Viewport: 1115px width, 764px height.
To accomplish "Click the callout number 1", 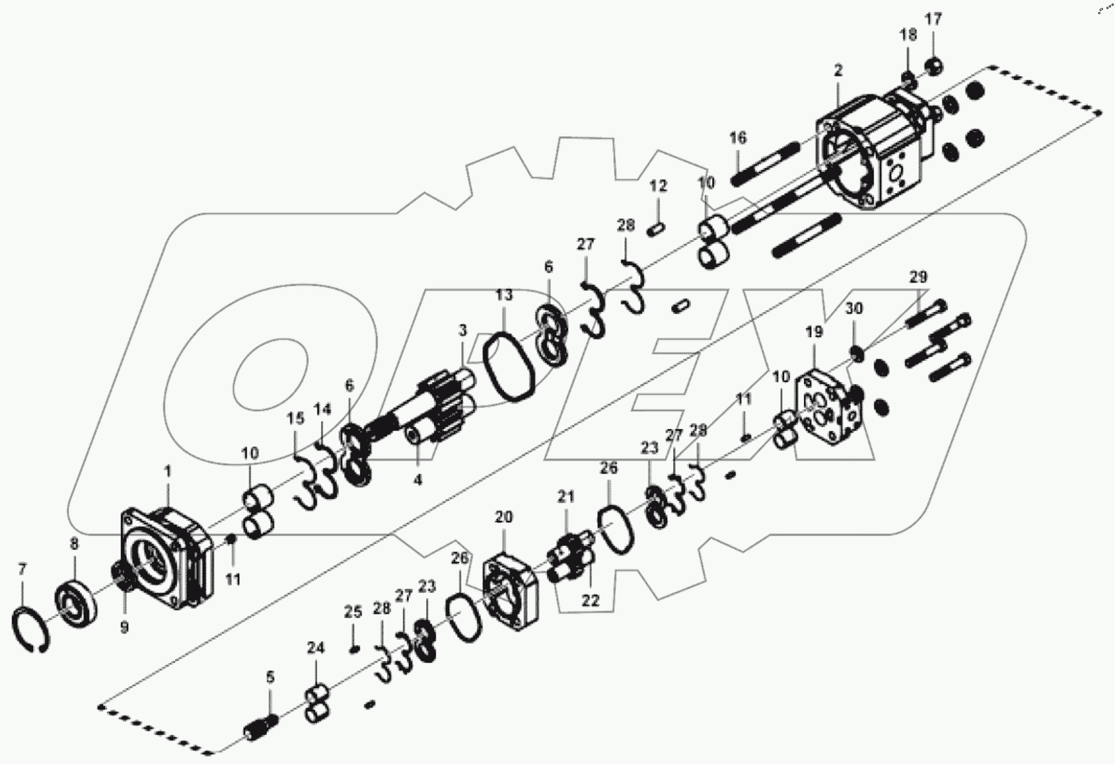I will point(167,471).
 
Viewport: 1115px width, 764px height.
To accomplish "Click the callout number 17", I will point(934,19).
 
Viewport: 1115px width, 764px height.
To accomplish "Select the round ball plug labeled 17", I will point(935,66).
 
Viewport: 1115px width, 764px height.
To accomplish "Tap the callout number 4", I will point(417,479).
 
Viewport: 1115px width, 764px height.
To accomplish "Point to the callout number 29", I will point(918,277).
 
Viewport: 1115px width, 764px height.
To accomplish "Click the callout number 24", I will point(316,647).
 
